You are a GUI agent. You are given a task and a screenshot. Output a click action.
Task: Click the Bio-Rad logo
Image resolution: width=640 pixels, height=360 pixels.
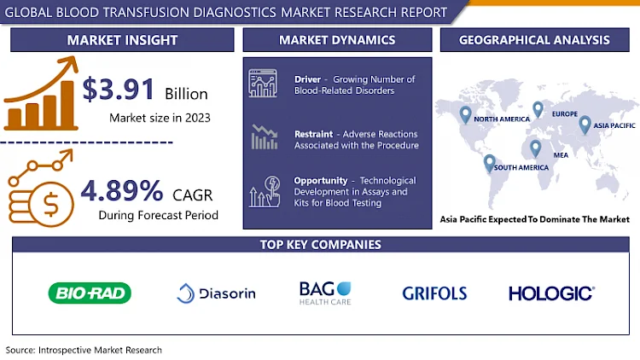click(x=90, y=293)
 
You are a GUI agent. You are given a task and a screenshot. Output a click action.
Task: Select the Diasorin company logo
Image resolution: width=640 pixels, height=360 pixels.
click(x=217, y=293)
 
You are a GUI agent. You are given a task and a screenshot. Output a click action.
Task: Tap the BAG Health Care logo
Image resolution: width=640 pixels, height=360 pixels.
click(x=325, y=293)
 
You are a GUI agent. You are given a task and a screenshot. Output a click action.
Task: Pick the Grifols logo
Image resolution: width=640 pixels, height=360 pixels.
click(x=434, y=293)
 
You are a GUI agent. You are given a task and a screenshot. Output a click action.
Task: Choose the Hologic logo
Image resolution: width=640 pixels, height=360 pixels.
click(x=551, y=293)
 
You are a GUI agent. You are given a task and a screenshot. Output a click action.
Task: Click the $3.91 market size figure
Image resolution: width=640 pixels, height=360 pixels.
click(x=119, y=89)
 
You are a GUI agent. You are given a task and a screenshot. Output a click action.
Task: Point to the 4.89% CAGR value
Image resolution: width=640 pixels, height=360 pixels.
click(x=122, y=190)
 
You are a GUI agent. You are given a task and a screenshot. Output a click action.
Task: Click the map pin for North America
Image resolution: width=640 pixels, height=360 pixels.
click(x=465, y=114)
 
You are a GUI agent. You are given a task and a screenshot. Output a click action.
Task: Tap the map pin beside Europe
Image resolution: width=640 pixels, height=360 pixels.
click(x=538, y=109)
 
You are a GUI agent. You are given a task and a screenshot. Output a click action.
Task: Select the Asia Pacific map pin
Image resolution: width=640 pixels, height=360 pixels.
click(x=585, y=125)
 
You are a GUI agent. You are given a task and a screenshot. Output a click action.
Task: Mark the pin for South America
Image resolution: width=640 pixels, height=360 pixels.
click(x=490, y=163)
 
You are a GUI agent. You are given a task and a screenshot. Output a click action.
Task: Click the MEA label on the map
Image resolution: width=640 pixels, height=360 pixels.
click(x=561, y=155)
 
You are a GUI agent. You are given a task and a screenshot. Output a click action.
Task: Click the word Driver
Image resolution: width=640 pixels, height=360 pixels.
click(x=307, y=79)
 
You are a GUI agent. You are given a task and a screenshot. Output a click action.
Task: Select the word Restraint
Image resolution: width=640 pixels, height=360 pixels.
click(x=313, y=134)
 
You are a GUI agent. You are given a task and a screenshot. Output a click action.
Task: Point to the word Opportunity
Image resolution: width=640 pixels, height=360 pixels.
click(x=320, y=180)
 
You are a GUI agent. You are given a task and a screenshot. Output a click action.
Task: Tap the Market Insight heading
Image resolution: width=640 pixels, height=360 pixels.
click(x=122, y=40)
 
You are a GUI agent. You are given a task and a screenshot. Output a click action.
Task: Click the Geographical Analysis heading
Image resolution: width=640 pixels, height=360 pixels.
click(x=534, y=40)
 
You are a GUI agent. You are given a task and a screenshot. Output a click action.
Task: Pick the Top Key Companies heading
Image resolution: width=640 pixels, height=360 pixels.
click(x=320, y=245)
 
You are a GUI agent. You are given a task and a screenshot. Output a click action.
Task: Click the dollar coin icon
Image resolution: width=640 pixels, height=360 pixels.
click(x=50, y=204)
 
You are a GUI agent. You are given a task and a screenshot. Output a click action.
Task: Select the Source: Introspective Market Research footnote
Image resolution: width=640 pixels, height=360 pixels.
click(x=84, y=350)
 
